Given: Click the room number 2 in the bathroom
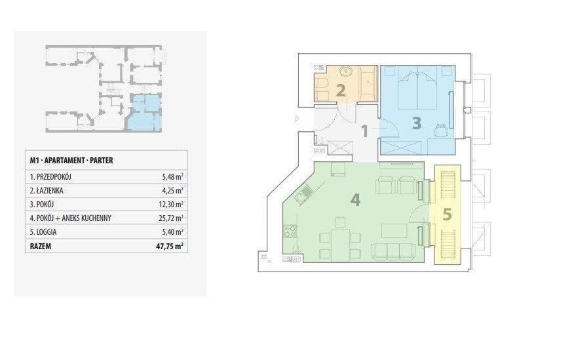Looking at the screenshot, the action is tap(341, 90).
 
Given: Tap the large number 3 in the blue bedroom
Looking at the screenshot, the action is tap(417, 123).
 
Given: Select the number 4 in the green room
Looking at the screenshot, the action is tap(355, 200).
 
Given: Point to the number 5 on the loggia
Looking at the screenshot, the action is tap(447, 214).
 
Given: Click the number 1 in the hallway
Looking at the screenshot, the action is tap(364, 131).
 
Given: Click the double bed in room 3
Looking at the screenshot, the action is tap(417, 88).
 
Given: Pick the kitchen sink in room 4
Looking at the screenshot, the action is tap(303, 193).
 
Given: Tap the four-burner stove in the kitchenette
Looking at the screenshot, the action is tap(290, 231).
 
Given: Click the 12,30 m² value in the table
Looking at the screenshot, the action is tap(172, 205).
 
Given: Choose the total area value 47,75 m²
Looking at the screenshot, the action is tap(170, 246).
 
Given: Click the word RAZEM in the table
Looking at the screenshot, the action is tap(41, 246).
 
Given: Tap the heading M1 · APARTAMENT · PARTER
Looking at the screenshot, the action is tap(71, 160).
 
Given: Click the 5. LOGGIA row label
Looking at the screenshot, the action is tap(43, 232).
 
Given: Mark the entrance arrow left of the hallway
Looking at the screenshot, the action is tap(297, 119).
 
